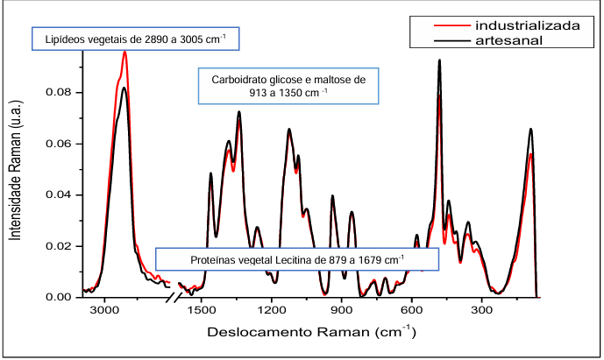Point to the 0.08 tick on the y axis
[x=59, y=92]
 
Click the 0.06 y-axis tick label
[x=59, y=144]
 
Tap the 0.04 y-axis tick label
[x=59, y=194]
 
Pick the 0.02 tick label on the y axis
[x=59, y=246]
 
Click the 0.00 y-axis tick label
[x=59, y=297]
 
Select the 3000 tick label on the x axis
[x=104, y=311]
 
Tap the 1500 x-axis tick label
[x=203, y=311]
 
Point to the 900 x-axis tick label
[x=342, y=311]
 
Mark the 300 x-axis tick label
[x=482, y=311]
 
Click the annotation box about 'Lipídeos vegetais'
[x=135, y=39]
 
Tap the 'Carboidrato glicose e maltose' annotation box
[x=288, y=85]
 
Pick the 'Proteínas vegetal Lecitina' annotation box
[x=296, y=259]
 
